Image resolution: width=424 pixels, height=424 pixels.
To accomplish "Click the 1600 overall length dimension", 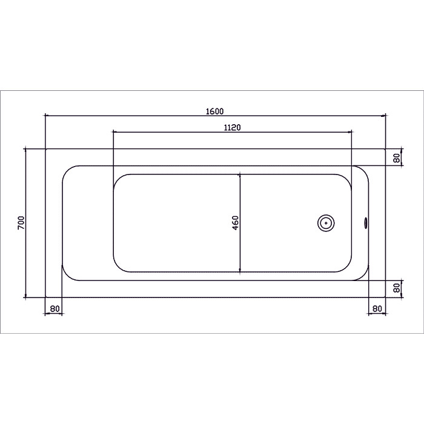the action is click(x=215, y=111).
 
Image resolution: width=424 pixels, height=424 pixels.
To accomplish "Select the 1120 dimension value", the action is click(x=233, y=127).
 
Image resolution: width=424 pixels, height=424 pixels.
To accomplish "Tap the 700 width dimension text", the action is click(x=21, y=223).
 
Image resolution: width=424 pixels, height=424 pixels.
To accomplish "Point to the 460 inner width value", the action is click(x=236, y=223).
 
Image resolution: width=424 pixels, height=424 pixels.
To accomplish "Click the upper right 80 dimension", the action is click(x=397, y=157).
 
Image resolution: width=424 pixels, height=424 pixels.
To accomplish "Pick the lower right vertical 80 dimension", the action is click(x=397, y=288).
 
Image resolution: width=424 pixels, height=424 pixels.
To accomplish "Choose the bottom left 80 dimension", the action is click(x=55, y=308).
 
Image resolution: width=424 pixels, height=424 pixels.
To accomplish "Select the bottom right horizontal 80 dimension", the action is click(x=377, y=308).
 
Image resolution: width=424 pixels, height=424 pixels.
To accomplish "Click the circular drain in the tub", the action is click(x=326, y=223).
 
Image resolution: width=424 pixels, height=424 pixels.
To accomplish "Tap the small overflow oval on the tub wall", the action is click(x=365, y=223).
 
